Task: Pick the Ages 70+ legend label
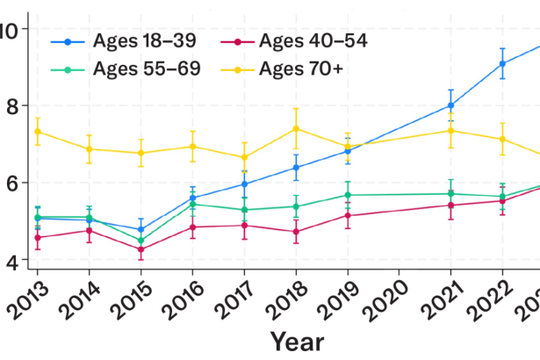click(x=306, y=68)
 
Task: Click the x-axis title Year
click(x=296, y=341)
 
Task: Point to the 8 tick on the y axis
click(x=11, y=106)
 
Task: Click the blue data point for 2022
click(x=502, y=63)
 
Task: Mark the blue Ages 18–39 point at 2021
click(x=450, y=105)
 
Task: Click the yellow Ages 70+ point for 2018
click(x=296, y=129)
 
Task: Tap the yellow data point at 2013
click(x=37, y=132)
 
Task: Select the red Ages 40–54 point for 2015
click(x=140, y=249)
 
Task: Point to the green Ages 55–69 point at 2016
click(x=192, y=204)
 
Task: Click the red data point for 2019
click(x=348, y=215)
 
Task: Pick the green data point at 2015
click(x=140, y=240)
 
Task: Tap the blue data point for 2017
click(x=244, y=184)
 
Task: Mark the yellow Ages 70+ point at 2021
click(x=450, y=130)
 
